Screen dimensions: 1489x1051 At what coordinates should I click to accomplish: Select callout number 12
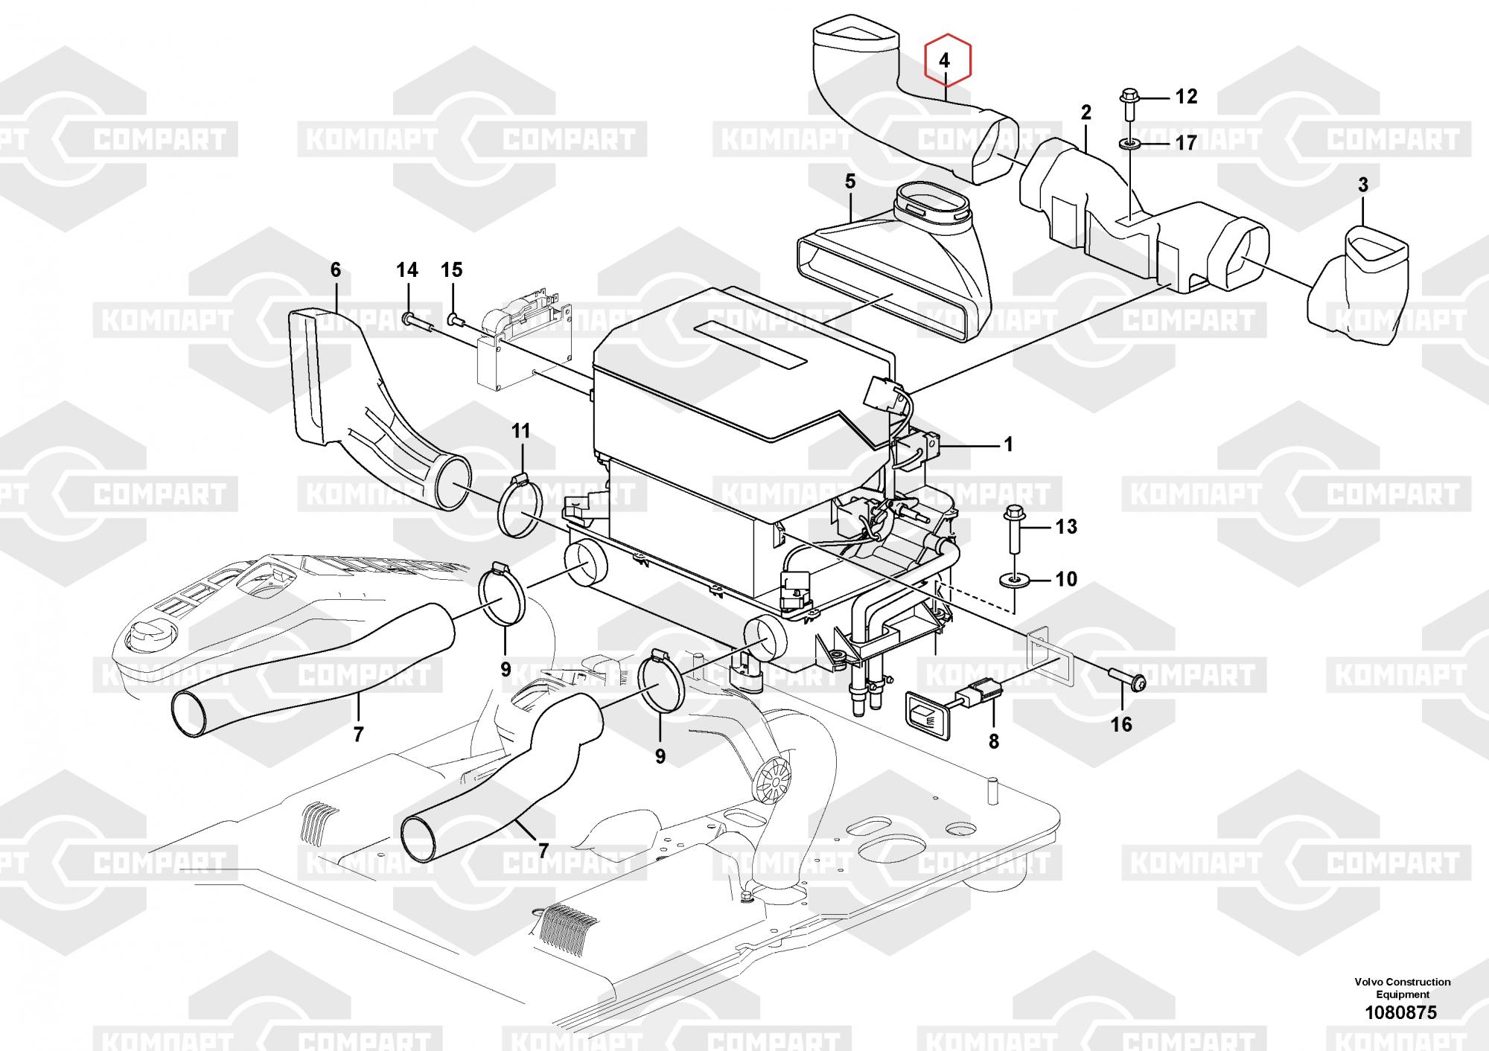1186,96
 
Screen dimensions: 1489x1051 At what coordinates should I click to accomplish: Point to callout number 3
1363,185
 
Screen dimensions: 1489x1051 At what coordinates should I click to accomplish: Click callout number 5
850,182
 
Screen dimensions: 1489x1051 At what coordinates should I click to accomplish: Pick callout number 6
335,269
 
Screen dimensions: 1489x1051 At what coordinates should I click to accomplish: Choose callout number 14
407,269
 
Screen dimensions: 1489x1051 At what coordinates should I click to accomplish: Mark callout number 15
452,269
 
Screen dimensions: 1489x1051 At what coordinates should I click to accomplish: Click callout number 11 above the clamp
521,430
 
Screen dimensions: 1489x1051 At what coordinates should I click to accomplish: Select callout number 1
1009,445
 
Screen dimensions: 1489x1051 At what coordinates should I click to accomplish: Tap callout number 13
1066,527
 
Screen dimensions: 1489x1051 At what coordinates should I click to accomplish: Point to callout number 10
1066,578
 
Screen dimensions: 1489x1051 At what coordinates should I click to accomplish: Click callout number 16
1121,724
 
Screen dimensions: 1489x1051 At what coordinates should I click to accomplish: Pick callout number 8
994,741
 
